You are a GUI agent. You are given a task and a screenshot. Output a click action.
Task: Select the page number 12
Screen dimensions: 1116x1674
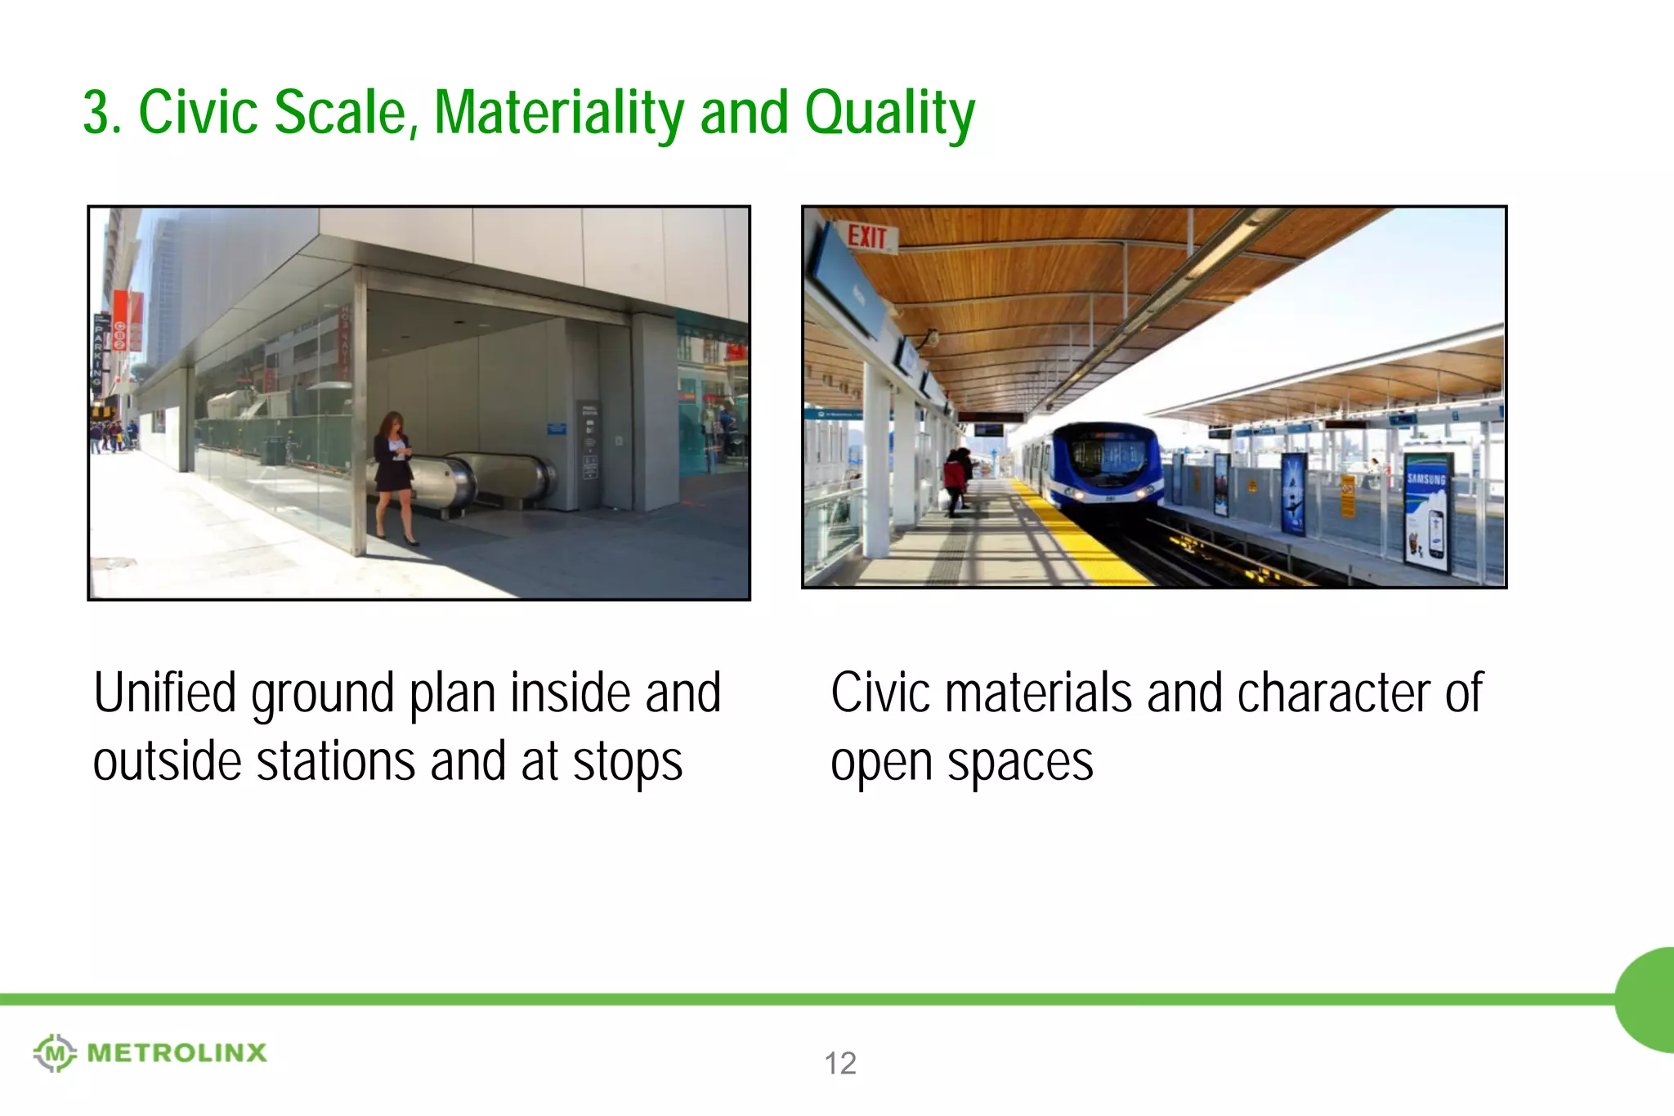pyautogui.click(x=839, y=1063)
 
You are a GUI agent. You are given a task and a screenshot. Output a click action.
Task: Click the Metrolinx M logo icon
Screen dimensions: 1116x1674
pyautogui.click(x=55, y=1052)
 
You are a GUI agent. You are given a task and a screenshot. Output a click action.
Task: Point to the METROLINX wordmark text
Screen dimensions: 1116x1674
pyautogui.click(x=177, y=1052)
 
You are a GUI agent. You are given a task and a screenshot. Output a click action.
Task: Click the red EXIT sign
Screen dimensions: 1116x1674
pyautogui.click(x=867, y=237)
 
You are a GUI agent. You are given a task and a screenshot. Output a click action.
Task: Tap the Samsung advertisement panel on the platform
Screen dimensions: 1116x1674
pyautogui.click(x=1426, y=511)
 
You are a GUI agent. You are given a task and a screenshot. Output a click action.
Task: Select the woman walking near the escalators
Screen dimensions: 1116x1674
pyautogui.click(x=394, y=474)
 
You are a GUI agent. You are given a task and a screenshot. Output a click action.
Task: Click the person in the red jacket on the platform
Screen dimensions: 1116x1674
pyautogui.click(x=954, y=481)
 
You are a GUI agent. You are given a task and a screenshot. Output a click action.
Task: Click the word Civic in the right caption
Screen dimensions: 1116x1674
pyautogui.click(x=880, y=693)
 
